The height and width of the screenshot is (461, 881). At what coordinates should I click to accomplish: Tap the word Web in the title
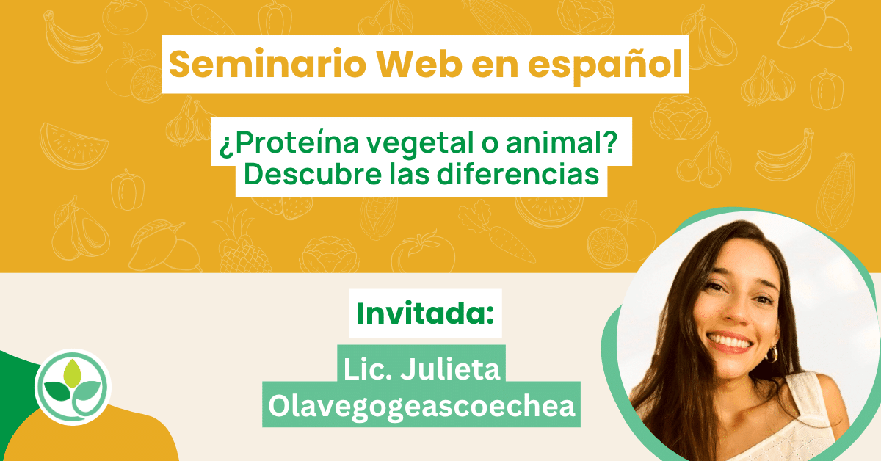pos(419,64)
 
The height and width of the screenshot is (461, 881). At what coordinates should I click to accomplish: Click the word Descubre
pos(313,174)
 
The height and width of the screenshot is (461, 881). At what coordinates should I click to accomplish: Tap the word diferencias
pos(518,174)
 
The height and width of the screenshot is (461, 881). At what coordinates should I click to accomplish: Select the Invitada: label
pos(425,313)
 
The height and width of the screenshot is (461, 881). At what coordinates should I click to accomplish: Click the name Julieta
pos(450,369)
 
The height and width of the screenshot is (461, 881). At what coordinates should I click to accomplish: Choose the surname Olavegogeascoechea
pos(421,406)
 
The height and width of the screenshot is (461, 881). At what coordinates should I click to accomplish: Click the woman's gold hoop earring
pos(772,354)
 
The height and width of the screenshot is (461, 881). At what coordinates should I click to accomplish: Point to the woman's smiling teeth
pos(730,341)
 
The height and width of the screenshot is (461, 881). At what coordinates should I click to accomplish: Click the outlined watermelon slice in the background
pos(73,146)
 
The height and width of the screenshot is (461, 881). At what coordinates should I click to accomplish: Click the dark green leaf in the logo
pos(57,391)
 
